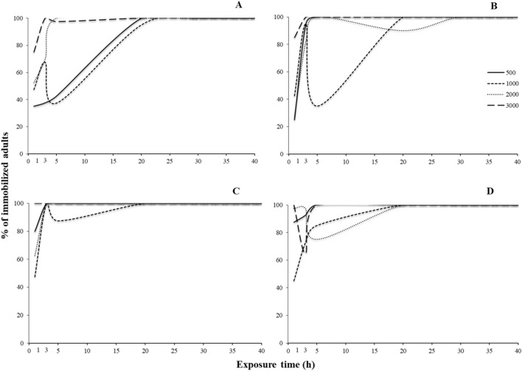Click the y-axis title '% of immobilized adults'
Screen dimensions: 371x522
[x=8, y=177]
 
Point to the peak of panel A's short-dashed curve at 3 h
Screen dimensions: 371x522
[x=45, y=62]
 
